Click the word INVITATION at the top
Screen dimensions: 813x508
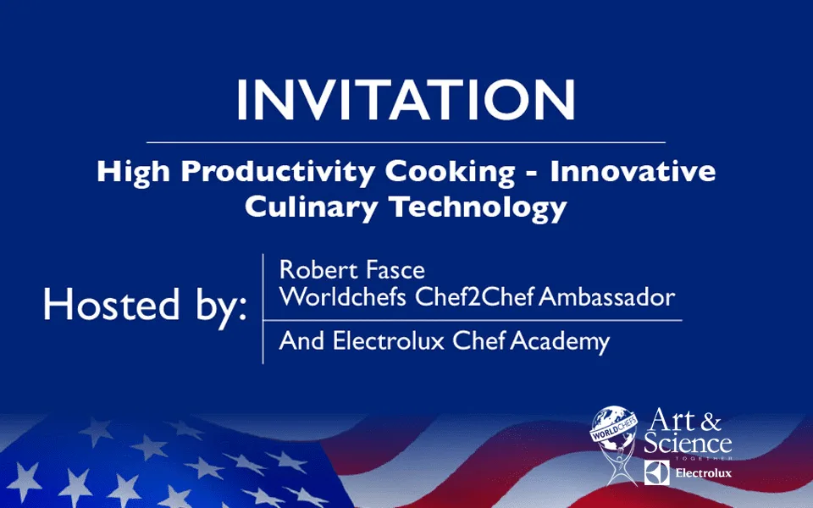406,100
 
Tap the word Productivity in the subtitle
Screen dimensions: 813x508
278,172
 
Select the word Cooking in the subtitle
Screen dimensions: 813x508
450,172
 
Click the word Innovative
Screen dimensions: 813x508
633,170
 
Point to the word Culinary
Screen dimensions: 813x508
311,207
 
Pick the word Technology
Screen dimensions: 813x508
478,207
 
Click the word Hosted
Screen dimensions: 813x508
112,304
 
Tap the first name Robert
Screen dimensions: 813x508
318,269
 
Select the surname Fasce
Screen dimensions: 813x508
395,269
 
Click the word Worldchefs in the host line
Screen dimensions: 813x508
342,297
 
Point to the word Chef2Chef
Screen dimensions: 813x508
474,297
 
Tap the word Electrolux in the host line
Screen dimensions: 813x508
389,341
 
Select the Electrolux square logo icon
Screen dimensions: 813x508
656,472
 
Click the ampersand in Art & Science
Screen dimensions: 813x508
711,422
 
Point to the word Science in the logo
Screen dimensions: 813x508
688,443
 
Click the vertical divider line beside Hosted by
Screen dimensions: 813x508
263,309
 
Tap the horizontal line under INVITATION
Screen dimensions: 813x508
406,142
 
